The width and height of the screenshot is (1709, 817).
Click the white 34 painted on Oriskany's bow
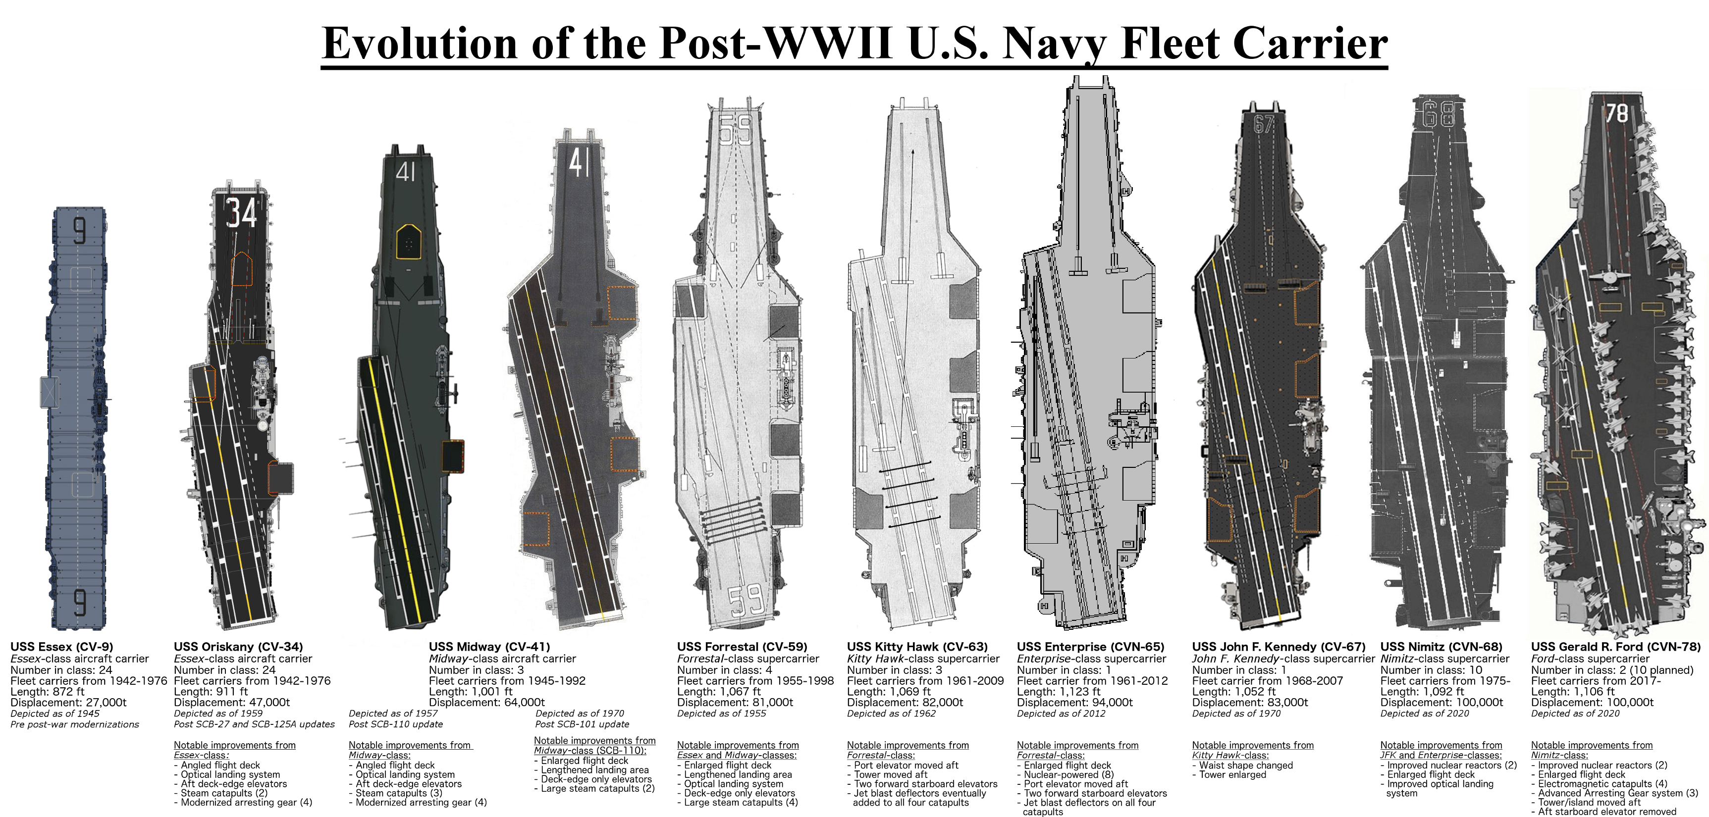click(x=241, y=213)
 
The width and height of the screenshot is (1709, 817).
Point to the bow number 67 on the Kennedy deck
click(x=1264, y=124)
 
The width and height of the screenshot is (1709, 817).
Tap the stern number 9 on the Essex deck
click(x=80, y=603)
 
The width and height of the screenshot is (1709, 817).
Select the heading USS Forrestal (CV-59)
click(x=742, y=647)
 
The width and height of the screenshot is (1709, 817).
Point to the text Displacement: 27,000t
click(x=68, y=702)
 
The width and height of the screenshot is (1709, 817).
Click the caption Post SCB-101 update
click(x=582, y=724)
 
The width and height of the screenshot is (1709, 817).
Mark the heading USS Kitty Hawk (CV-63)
click(x=917, y=647)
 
